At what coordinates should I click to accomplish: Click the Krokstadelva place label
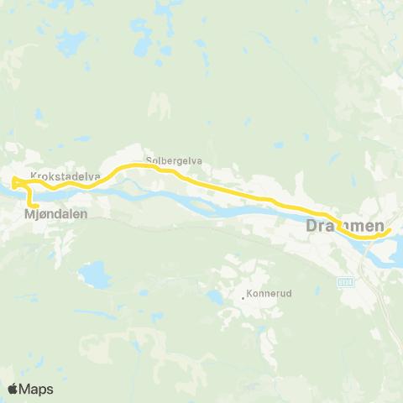tap(65, 176)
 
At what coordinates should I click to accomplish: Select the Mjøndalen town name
tap(55, 214)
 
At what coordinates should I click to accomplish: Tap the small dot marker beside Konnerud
tap(243, 296)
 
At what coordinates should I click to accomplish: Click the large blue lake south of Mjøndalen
tap(93, 274)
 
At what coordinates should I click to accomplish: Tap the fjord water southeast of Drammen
tap(391, 256)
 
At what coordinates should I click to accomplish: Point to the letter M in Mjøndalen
tap(29, 214)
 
